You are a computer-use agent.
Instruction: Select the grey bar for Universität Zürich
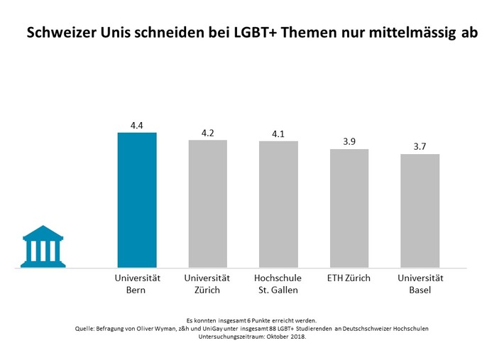coord(207,204)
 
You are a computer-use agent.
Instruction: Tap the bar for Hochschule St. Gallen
coord(278,204)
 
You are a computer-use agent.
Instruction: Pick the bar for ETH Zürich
coord(349,209)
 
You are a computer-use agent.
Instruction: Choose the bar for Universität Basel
coord(420,211)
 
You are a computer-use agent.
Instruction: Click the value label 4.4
coord(137,125)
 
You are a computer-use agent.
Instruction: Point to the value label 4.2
coord(207,132)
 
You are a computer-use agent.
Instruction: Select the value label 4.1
coord(278,133)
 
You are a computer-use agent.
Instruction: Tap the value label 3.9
coord(349,141)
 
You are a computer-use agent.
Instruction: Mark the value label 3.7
coord(420,146)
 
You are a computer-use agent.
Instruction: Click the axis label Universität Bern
coord(137,284)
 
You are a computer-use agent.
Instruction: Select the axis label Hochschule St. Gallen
coord(278,284)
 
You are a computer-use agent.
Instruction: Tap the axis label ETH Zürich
coord(349,278)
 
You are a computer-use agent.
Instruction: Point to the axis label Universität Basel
coord(420,284)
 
